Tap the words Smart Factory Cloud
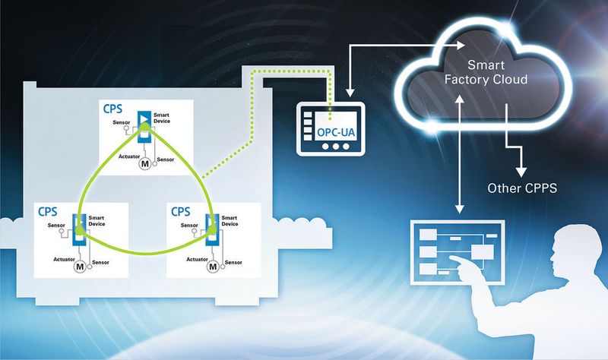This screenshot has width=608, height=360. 486,71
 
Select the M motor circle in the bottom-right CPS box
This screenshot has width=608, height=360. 213,267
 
